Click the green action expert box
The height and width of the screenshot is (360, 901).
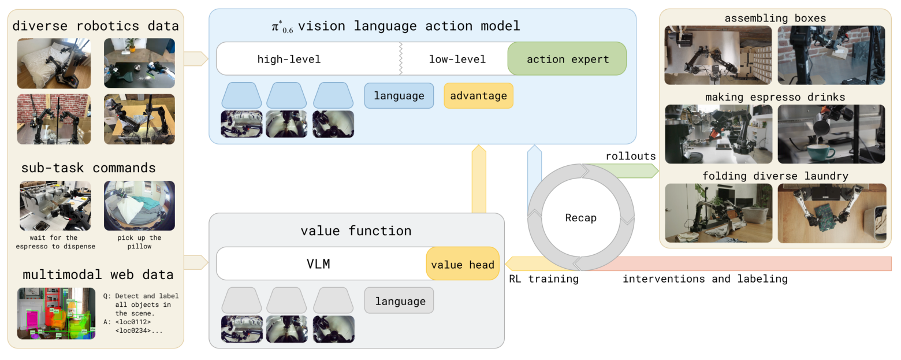point(567,59)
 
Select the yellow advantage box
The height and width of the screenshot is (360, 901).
point(478,96)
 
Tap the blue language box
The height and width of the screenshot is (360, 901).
point(399,96)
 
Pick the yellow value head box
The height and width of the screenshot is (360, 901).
point(463,265)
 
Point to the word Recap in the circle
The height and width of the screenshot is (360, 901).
point(580,218)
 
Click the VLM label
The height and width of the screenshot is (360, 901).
point(318,265)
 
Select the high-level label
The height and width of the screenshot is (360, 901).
point(289,59)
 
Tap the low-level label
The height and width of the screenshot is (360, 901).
point(457,59)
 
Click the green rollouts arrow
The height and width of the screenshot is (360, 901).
point(624,170)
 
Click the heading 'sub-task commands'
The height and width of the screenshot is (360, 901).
point(88,168)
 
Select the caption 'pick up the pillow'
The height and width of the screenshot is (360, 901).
point(139,242)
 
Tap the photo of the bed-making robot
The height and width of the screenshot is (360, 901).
point(54,63)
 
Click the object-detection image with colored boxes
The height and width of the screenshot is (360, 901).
point(56,313)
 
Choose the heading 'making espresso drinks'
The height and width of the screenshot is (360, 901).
point(775,97)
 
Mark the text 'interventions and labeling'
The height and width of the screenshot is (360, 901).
point(705,279)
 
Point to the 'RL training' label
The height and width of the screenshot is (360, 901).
point(543,279)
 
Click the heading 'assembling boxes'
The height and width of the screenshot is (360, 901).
point(775,18)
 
